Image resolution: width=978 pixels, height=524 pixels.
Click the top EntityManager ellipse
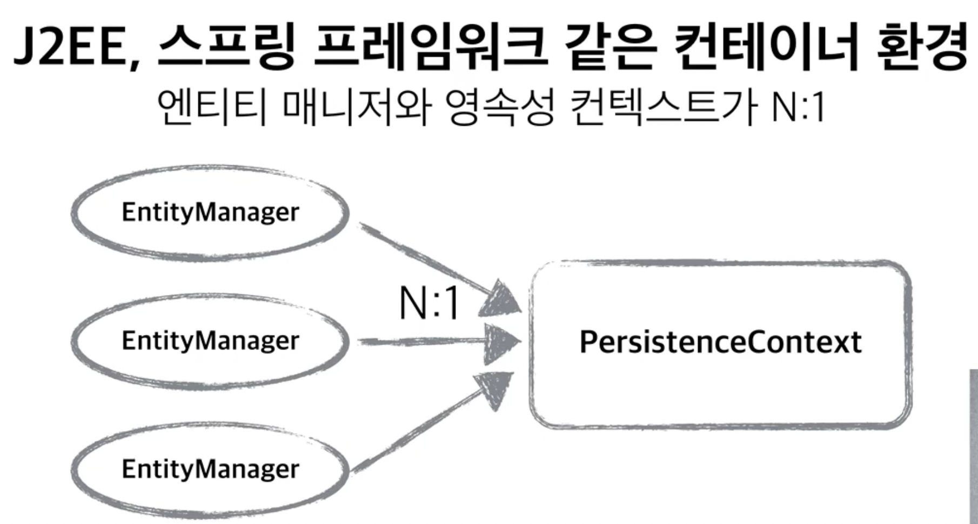210,212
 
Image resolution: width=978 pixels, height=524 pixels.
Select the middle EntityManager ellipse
210,341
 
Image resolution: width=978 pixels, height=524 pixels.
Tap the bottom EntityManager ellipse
210,469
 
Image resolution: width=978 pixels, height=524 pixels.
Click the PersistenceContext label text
720,342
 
